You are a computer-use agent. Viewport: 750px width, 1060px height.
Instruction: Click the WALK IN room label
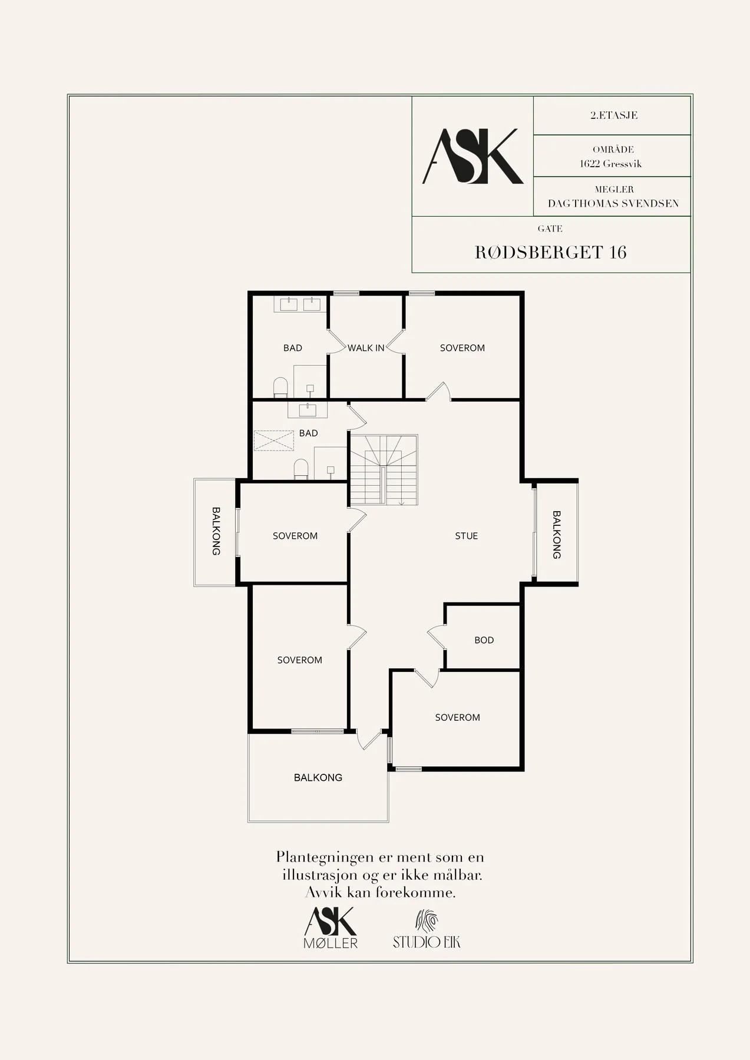(x=366, y=348)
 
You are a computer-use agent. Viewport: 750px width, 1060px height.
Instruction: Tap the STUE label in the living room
(x=467, y=536)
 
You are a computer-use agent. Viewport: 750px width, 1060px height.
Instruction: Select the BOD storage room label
(x=484, y=640)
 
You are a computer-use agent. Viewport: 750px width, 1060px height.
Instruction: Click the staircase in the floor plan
(x=384, y=470)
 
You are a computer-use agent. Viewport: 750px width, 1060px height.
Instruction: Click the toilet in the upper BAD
(x=280, y=387)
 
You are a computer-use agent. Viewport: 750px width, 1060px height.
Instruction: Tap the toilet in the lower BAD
(x=301, y=469)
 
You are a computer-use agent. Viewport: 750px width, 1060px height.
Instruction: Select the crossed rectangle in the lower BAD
(x=273, y=440)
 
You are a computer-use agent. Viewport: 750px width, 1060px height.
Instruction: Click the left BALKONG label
(x=216, y=531)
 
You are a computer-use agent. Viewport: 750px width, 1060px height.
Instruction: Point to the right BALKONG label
(x=557, y=535)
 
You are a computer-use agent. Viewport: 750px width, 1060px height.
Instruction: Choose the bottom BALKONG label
(x=318, y=778)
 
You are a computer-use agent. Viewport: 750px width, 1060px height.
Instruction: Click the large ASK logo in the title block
(x=473, y=156)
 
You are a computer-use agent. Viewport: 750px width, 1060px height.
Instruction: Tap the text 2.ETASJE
(x=614, y=115)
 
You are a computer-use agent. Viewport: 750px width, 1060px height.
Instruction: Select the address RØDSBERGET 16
(x=551, y=252)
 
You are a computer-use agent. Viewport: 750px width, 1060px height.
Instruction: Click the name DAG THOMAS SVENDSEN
(x=613, y=204)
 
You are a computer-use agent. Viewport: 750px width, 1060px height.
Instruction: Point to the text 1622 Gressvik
(x=611, y=164)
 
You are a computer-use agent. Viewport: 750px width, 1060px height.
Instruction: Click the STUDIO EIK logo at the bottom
(x=427, y=929)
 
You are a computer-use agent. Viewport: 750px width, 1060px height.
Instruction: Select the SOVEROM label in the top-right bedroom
(x=462, y=348)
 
